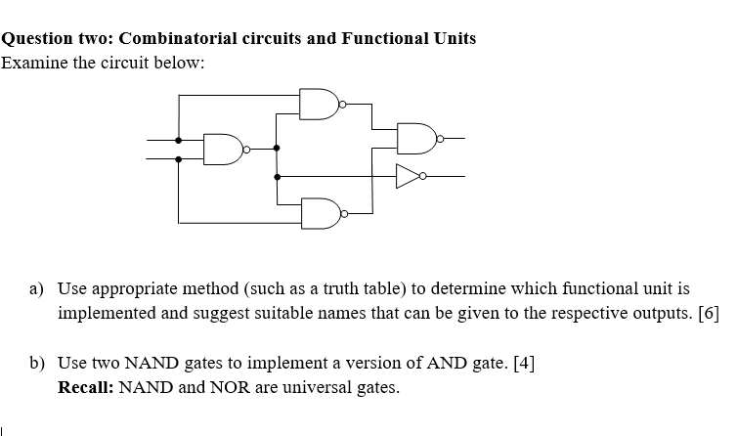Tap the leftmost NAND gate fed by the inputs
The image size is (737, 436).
coord(224,149)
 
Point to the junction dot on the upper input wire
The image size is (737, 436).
coord(178,140)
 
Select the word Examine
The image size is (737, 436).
coord(34,63)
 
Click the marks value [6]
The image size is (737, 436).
coord(709,314)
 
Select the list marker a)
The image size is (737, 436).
coord(36,289)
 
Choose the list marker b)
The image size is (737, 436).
coord(36,363)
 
